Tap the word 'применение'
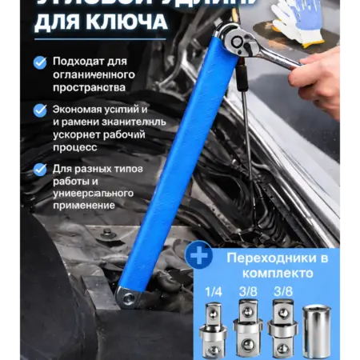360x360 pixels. coord(84,206)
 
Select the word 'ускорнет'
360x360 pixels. coord(77,134)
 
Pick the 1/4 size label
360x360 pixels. coord(213,293)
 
